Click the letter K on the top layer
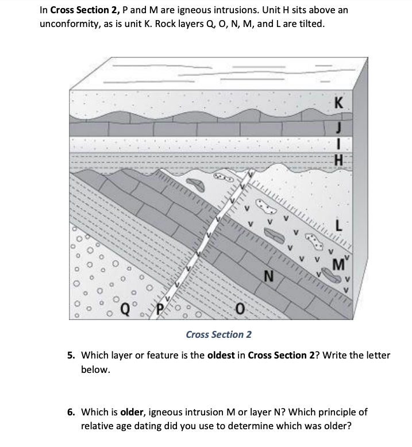point(338,105)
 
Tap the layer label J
point(340,127)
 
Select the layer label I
point(340,145)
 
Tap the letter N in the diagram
point(268,278)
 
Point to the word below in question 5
point(95,369)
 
